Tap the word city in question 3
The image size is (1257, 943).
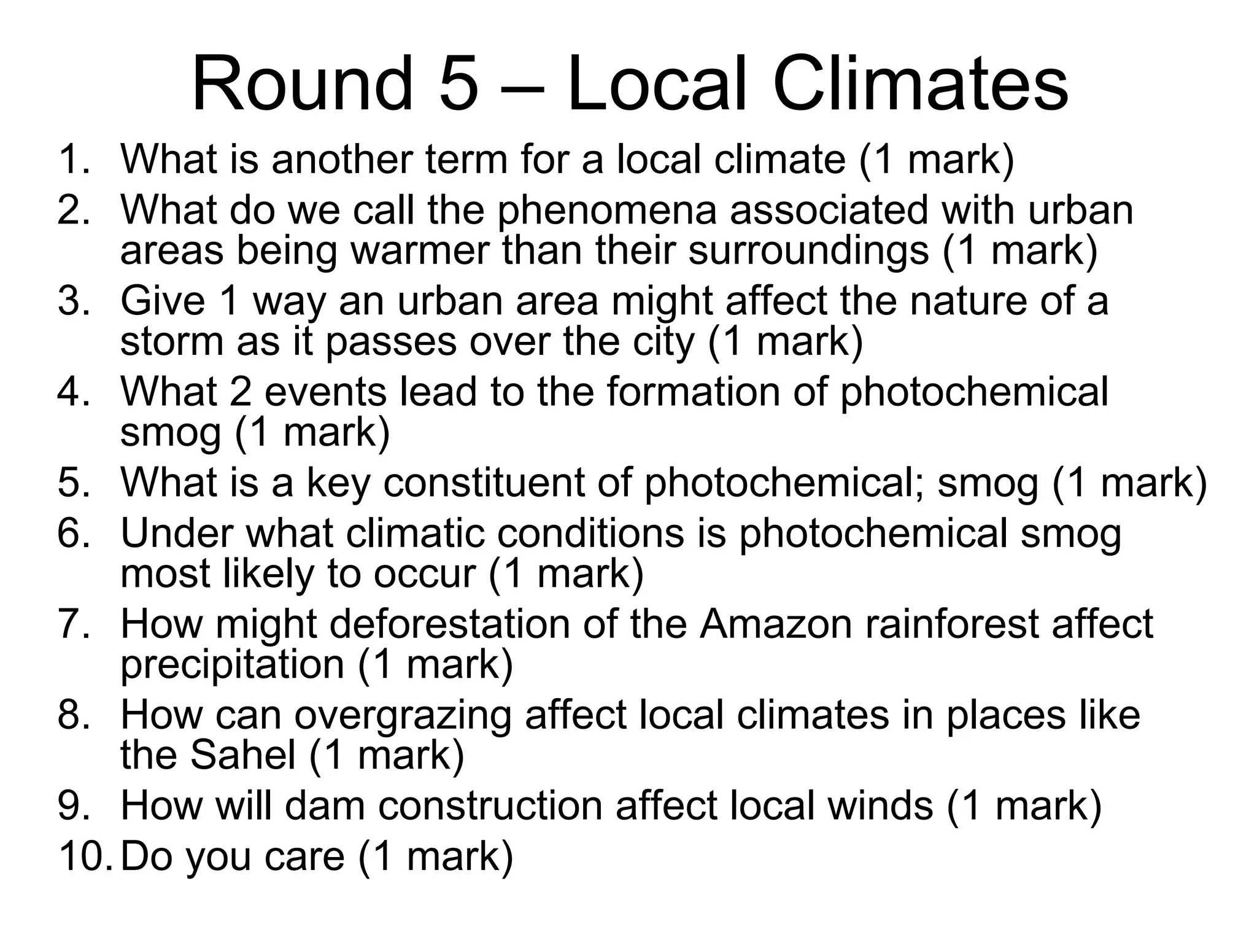(663, 341)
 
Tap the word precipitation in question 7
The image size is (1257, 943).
(232, 664)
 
